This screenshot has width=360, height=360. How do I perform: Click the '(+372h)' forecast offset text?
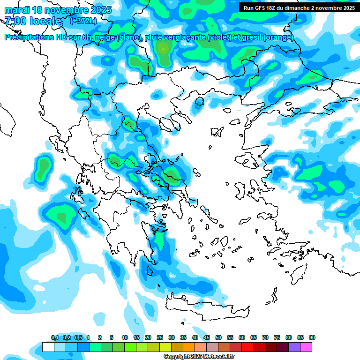click(x=83, y=21)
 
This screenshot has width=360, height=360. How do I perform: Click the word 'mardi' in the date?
click(x=17, y=9)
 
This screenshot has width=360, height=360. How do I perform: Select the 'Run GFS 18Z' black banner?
click(x=299, y=7)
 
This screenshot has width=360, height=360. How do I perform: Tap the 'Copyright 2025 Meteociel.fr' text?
click(x=199, y=357)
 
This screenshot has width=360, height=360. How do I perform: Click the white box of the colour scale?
click(x=48, y=347)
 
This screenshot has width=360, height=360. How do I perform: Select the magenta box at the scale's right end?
click(x=306, y=347)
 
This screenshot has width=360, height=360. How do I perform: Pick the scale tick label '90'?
click(x=312, y=338)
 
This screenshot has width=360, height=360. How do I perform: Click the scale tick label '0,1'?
click(x=54, y=338)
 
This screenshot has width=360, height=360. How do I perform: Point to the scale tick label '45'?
click(x=207, y=338)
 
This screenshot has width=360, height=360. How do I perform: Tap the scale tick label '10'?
click(x=125, y=338)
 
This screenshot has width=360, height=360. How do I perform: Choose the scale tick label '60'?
click(x=242, y=338)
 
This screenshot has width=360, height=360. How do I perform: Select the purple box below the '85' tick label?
click(x=294, y=347)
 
